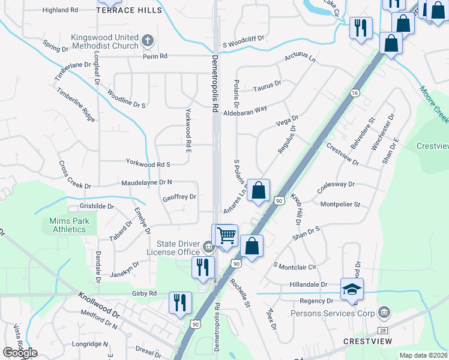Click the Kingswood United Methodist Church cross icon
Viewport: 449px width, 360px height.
pyautogui.click(x=148, y=41)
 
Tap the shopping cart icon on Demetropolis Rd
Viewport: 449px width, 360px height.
pyautogui.click(x=226, y=235)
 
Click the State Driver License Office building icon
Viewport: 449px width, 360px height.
pyautogui.click(x=208, y=245)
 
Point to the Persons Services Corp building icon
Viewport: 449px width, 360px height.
pyautogui.click(x=384, y=313)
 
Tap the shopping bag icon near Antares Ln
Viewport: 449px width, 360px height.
pyautogui.click(x=258, y=191)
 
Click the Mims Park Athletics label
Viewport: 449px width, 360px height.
pyautogui.click(x=68, y=225)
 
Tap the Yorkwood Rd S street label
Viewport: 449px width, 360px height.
pyautogui.click(x=148, y=163)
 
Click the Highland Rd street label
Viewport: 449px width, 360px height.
pyautogui.click(x=61, y=10)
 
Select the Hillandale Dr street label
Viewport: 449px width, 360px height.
pyautogui.click(x=307, y=284)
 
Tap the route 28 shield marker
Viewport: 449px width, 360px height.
pyautogui.click(x=382, y=330)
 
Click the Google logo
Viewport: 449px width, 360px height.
pyautogui.click(x=19, y=352)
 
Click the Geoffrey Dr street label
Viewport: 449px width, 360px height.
pyautogui.click(x=179, y=196)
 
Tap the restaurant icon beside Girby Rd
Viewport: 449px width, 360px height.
pyautogui.click(x=179, y=302)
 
